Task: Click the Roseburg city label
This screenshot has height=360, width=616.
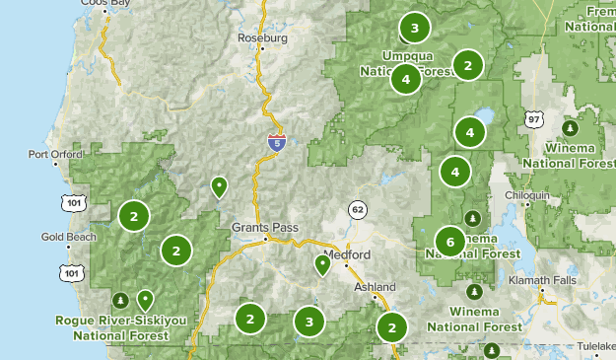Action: point(262,39)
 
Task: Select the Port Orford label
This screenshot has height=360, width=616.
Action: point(52,154)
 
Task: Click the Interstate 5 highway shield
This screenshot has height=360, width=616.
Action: point(276,144)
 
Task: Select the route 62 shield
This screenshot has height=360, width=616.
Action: point(357,209)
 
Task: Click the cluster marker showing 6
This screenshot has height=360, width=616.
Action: point(449,241)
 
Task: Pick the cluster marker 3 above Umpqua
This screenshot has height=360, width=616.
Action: point(415,28)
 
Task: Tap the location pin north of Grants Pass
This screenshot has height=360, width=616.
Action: point(220,185)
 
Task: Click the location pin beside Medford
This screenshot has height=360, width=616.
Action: point(321,263)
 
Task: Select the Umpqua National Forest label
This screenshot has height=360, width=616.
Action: point(406,62)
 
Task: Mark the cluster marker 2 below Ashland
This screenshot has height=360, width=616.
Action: point(392,327)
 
